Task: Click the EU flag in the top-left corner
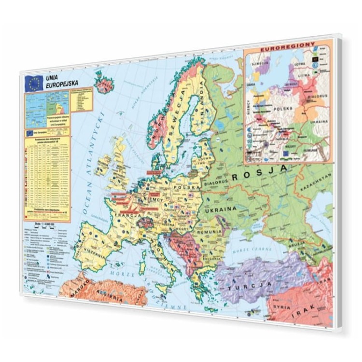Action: [x=34, y=84]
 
